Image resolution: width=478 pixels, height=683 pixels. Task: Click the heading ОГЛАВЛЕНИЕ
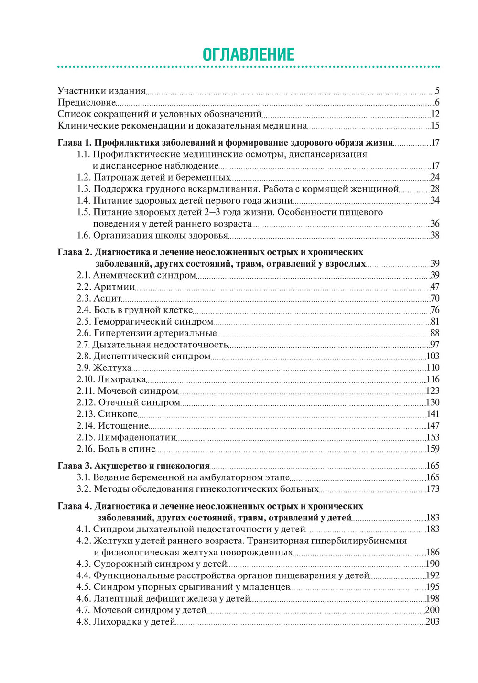click(x=249, y=54)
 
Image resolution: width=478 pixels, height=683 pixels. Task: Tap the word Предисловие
click(x=87, y=102)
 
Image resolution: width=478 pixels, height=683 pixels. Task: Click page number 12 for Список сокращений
click(x=435, y=114)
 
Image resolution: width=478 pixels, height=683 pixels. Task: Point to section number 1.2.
click(x=84, y=177)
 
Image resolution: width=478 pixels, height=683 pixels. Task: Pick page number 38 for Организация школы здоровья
click(x=435, y=235)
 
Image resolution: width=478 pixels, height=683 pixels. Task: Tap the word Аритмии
click(x=114, y=287)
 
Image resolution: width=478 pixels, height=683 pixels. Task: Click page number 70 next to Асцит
click(x=435, y=298)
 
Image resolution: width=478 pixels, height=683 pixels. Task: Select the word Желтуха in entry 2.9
click(x=112, y=368)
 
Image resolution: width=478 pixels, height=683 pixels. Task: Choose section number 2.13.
click(x=86, y=414)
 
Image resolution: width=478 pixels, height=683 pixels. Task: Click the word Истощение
click(x=123, y=425)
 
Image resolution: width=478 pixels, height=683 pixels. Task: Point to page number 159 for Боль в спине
click(x=433, y=449)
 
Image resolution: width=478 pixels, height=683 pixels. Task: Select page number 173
click(x=433, y=489)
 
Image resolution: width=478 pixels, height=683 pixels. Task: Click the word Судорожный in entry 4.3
click(x=119, y=564)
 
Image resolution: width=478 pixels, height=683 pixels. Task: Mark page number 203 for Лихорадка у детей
click(x=433, y=622)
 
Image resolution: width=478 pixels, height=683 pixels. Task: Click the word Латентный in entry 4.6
click(x=116, y=598)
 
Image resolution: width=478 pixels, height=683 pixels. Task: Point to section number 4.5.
click(x=84, y=587)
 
